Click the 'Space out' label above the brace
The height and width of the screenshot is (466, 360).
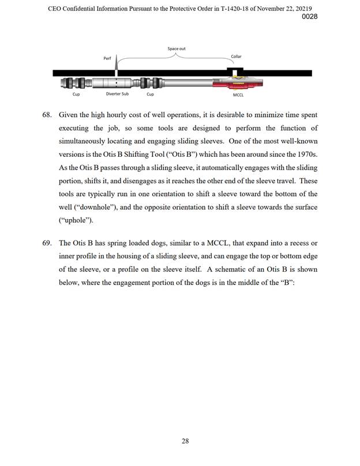(177, 48)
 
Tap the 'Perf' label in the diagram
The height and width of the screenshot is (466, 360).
(107, 59)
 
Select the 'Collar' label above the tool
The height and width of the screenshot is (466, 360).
(236, 57)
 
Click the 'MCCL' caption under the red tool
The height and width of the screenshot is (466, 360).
(238, 95)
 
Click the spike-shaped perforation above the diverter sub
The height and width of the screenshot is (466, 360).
(117, 62)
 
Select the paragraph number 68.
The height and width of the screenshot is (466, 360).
(48, 115)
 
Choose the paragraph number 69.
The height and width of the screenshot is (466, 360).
(48, 243)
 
